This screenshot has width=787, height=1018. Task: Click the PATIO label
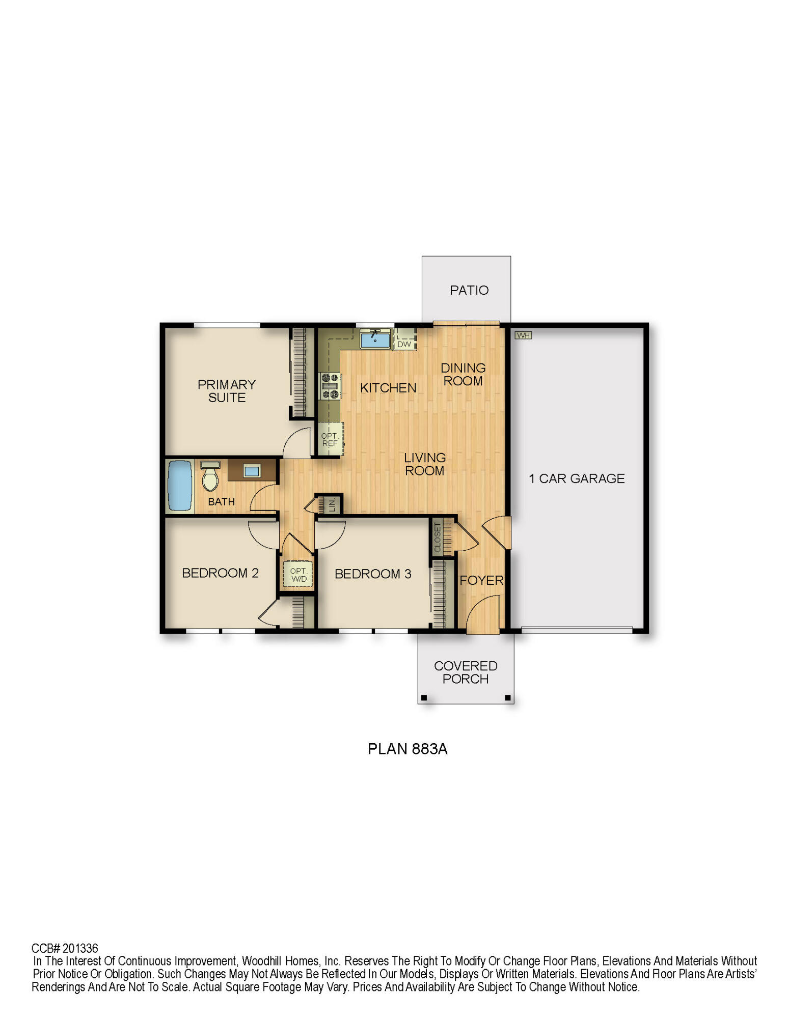pos(469,290)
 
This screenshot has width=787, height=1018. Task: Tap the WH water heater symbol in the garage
pos(523,335)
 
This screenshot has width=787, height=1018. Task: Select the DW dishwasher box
pos(404,344)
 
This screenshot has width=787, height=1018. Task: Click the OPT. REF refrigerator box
pos(330,439)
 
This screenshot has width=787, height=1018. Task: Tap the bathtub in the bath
pos(179,485)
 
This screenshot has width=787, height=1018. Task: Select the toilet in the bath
pos(210,476)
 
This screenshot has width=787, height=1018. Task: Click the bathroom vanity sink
pos(252,471)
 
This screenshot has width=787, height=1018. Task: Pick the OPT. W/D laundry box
pos(298,575)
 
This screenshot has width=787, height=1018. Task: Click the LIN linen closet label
pos(332,505)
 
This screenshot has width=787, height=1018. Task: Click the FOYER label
pos(481,580)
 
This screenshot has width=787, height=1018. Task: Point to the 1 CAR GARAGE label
pos(577,478)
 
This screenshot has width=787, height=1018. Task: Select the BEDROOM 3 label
pos(373,574)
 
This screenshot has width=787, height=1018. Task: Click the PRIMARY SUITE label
pos(227,391)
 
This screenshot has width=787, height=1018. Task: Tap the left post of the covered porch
pos(424,698)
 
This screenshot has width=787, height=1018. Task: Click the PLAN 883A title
pos(408,749)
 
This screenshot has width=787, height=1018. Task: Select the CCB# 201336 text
pos(65,948)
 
